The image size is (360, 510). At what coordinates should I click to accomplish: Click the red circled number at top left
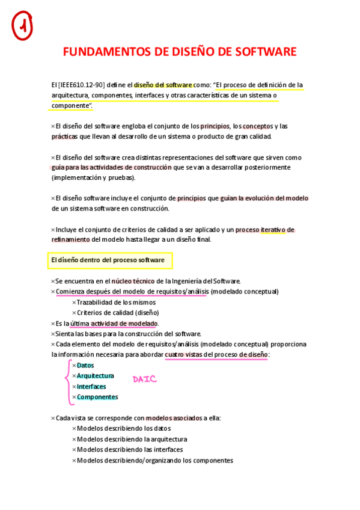pos(22,26)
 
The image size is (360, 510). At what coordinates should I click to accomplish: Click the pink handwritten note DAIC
pos(145,379)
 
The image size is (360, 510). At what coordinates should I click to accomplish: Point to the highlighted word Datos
pos(85,366)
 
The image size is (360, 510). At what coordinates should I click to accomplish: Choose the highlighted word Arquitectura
pos(95,376)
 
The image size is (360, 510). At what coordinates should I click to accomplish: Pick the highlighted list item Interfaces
pos(91,387)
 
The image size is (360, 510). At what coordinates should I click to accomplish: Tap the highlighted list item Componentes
pos(97,397)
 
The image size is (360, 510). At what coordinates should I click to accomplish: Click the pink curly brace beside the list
pos(66,381)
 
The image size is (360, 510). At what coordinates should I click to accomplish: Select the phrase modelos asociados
pos(174,417)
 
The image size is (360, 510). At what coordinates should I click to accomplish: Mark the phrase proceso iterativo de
pos(264,230)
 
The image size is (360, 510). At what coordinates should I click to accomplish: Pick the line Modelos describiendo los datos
pos(124,428)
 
